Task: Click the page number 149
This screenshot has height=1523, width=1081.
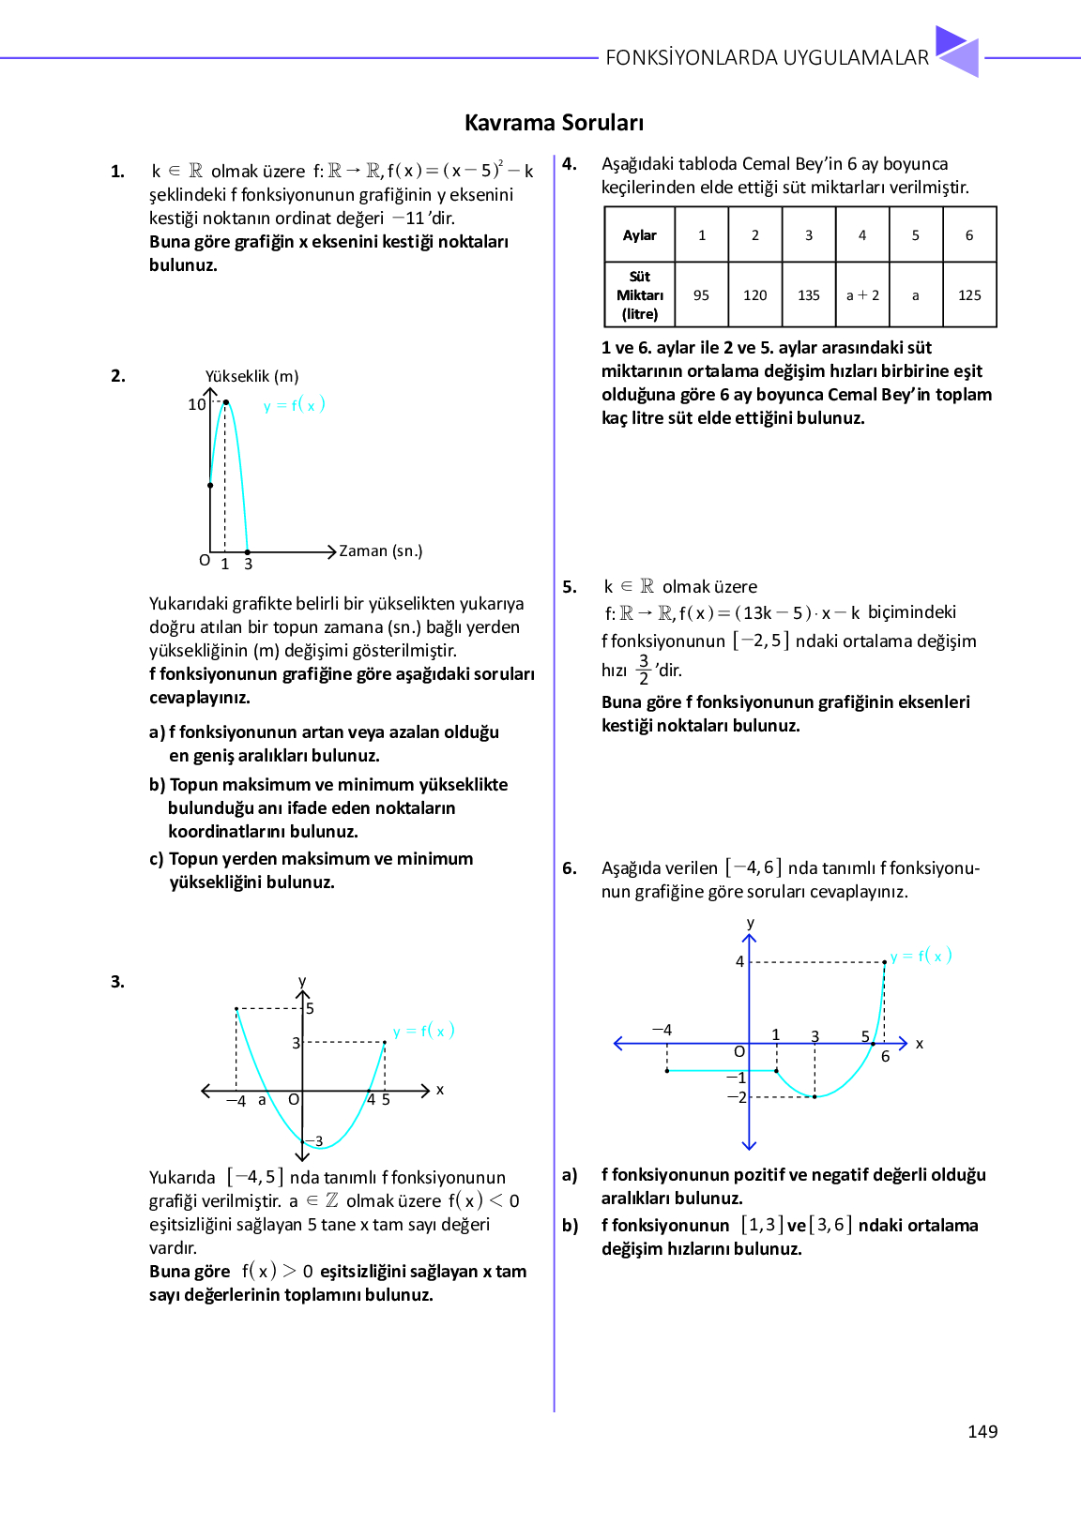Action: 982,1431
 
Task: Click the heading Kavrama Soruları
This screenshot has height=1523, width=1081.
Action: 554,123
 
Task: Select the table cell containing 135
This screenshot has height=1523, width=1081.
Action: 809,295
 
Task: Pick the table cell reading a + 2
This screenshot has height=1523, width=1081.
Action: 862,295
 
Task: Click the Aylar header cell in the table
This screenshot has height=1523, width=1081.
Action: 640,235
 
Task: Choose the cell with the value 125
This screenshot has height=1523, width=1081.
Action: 969,295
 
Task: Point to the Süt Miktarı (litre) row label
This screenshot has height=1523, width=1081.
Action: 640,295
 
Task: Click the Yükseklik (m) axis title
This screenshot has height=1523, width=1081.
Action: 251,376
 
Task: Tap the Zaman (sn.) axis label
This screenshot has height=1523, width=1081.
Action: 380,550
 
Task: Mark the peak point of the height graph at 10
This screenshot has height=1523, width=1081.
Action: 225,402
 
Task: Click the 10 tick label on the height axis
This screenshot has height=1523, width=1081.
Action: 196,404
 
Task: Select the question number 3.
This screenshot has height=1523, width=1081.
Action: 117,982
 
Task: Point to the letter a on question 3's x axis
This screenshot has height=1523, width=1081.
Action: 262,1100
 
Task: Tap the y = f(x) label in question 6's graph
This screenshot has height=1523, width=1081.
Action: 921,956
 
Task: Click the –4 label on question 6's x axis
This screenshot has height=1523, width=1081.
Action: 662,1030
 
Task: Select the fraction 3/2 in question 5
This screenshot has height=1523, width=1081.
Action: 644,670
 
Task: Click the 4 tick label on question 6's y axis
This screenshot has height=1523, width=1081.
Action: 739,961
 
